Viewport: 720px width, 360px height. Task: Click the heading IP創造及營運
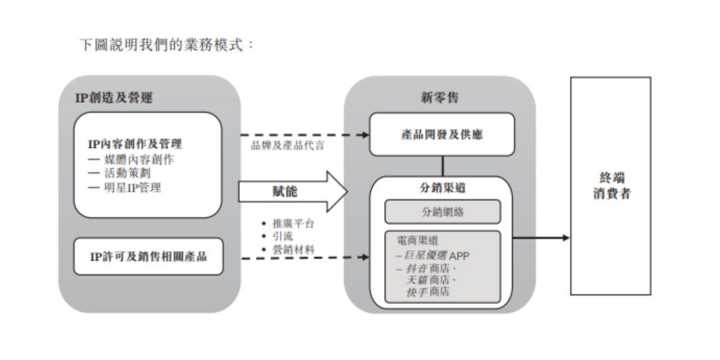coord(114,98)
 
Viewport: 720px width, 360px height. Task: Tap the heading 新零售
coord(440,98)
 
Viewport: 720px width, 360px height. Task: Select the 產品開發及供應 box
coord(442,135)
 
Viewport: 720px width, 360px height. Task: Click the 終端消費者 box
coord(610,186)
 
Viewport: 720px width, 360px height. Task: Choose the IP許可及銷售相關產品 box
coord(148,256)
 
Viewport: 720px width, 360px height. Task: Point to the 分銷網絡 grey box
coord(442,212)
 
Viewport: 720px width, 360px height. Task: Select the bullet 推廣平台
coord(293,223)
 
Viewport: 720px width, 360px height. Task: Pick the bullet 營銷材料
coord(293,249)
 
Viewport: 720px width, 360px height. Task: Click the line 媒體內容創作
coord(132,160)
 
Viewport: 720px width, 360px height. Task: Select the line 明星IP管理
coord(127,187)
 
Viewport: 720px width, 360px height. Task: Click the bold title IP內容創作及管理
coord(135,144)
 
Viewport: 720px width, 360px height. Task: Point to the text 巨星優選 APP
coord(433,255)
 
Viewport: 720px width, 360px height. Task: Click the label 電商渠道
coord(417,241)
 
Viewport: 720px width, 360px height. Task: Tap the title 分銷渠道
coord(442,189)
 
